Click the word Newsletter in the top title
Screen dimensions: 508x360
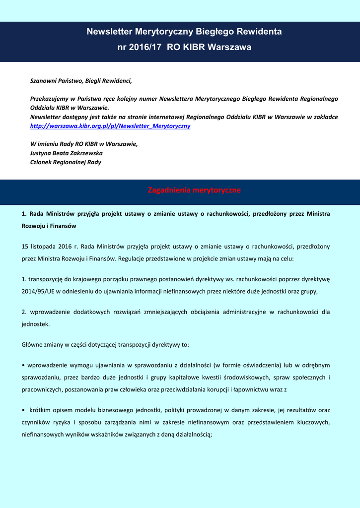tap(109, 32)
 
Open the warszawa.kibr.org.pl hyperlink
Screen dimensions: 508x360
tap(110, 126)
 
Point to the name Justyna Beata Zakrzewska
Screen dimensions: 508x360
tap(66, 153)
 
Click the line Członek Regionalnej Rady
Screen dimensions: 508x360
tap(66, 162)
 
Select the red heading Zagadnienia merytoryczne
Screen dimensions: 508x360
tap(194, 190)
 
